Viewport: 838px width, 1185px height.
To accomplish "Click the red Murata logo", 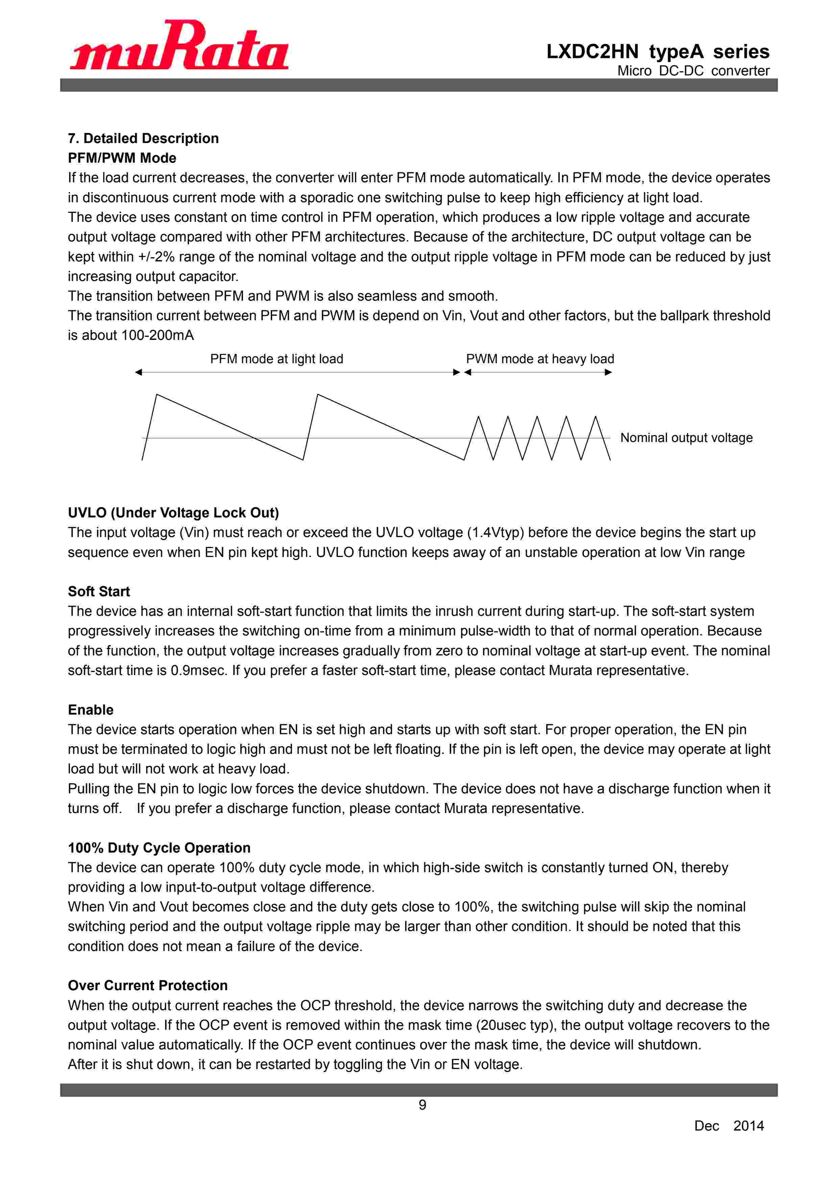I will [x=179, y=45].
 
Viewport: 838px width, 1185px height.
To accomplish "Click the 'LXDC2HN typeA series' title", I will [x=657, y=52].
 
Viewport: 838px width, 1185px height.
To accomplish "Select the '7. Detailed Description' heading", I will [x=143, y=138].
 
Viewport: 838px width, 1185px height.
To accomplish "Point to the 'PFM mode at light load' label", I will [x=277, y=359].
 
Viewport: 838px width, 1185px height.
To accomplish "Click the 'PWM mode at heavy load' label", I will [x=540, y=359].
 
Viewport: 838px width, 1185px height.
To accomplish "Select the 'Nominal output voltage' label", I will [x=686, y=438].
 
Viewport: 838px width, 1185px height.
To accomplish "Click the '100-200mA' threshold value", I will [x=158, y=335].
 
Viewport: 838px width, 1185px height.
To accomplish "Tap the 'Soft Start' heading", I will [x=99, y=591].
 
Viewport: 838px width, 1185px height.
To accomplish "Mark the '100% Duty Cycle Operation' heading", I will [x=159, y=848].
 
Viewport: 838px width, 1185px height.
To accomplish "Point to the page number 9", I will [x=422, y=1105].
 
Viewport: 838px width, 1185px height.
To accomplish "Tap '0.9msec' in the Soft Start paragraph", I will [x=199, y=670].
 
